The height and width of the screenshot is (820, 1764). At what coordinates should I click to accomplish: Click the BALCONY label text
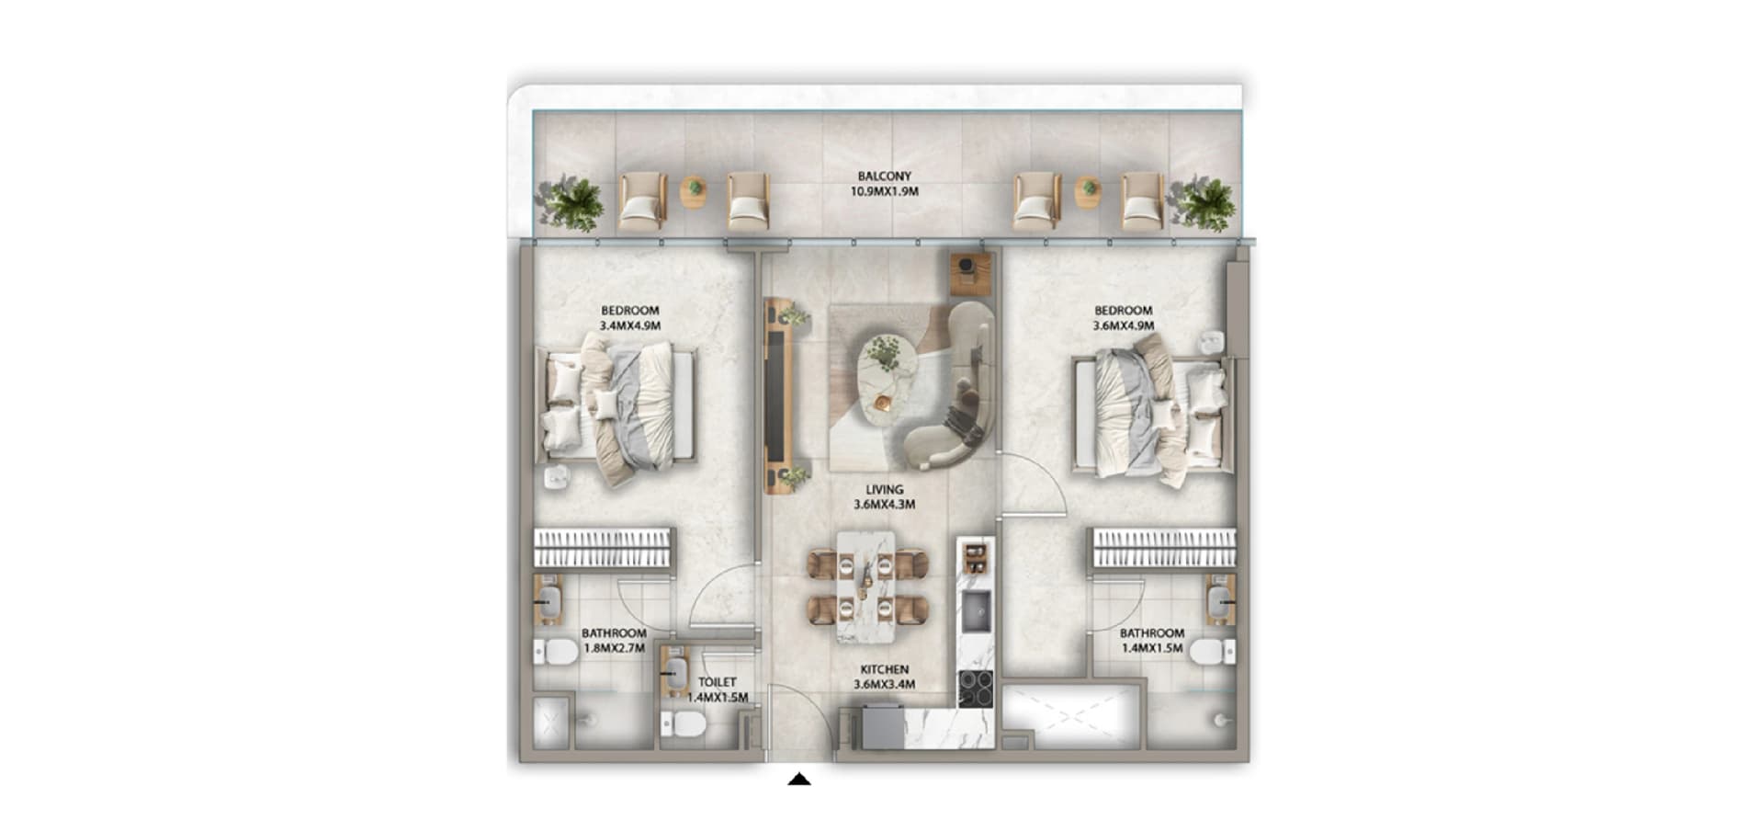click(884, 177)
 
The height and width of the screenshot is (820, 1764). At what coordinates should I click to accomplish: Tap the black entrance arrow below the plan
click(799, 780)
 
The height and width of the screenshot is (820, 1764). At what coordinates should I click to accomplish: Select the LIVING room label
click(884, 490)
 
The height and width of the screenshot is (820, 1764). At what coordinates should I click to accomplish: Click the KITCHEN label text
click(884, 670)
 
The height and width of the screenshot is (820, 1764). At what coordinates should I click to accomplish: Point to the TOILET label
click(717, 682)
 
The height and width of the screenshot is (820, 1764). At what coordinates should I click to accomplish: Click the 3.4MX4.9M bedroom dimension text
click(630, 325)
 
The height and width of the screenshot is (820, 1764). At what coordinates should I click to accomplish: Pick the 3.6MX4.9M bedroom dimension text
click(1123, 325)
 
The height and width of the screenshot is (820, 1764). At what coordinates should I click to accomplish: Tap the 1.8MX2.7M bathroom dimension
click(614, 648)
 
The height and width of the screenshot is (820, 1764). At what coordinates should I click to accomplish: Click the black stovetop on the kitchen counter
click(976, 689)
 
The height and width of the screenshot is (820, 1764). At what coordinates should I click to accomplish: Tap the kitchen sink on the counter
click(976, 611)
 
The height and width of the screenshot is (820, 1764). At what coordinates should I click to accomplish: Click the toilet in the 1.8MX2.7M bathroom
click(556, 652)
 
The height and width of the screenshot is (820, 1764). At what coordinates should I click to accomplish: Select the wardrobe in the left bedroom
click(604, 548)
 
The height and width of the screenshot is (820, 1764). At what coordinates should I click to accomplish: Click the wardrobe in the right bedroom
click(1163, 548)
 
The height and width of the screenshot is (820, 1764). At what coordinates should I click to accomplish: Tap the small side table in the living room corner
click(970, 272)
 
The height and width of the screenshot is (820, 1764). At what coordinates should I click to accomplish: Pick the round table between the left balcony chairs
click(695, 191)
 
